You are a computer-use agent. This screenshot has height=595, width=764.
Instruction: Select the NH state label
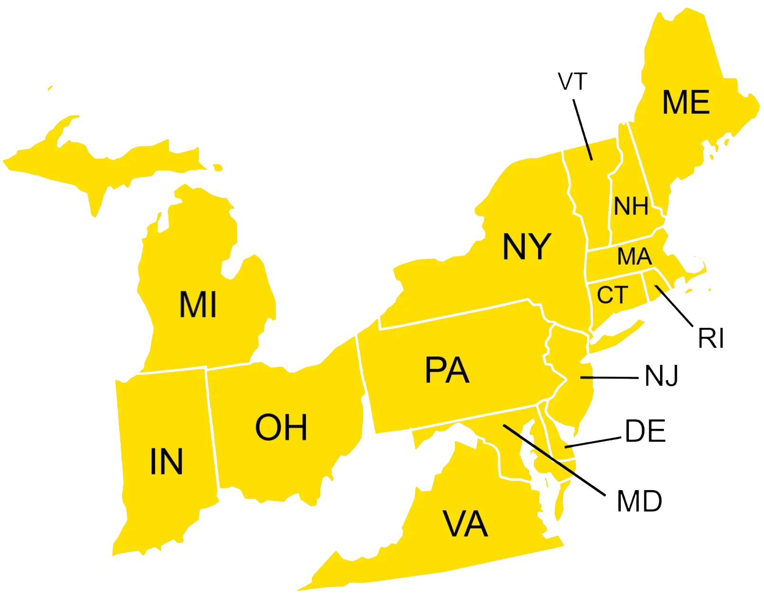click(631, 206)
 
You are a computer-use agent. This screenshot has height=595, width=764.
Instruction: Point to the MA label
click(634, 257)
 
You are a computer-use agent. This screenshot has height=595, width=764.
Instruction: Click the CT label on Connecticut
click(613, 295)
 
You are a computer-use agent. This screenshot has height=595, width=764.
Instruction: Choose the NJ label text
click(662, 376)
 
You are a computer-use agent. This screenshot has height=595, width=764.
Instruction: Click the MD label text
click(638, 501)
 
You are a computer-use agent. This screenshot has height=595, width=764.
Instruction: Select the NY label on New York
click(526, 247)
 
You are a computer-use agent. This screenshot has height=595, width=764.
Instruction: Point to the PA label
click(447, 371)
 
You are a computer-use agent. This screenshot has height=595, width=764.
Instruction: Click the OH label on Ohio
click(281, 427)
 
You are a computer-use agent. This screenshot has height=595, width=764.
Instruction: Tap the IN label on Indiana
click(166, 461)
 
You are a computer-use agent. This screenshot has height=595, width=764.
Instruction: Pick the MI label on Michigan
click(198, 305)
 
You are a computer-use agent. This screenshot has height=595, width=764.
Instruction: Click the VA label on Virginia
click(465, 524)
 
